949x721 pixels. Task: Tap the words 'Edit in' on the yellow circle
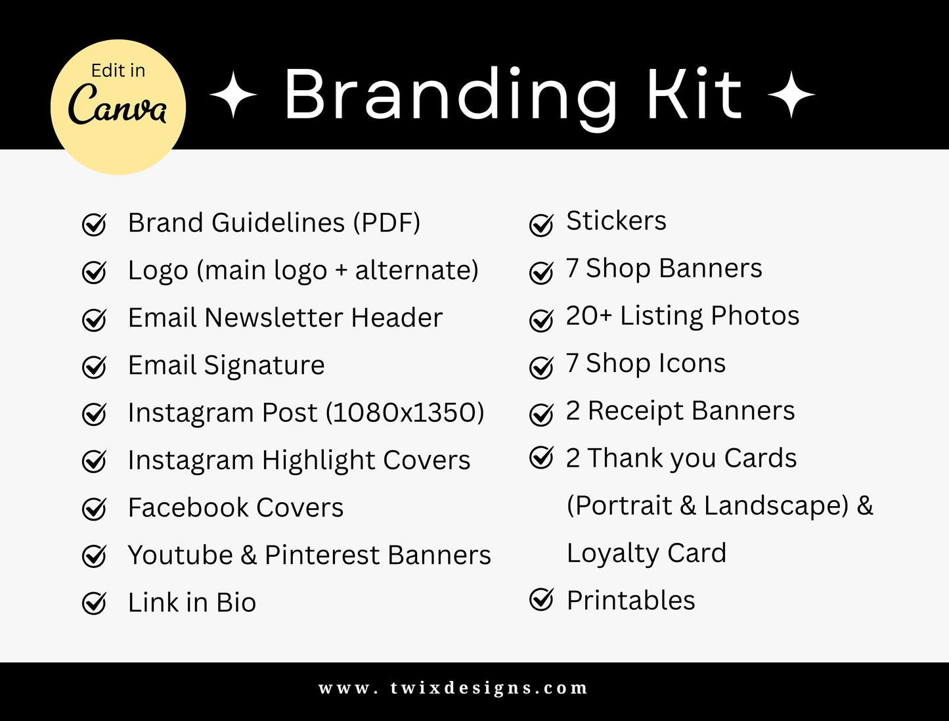[x=118, y=70]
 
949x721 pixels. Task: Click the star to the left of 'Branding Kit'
[x=233, y=95]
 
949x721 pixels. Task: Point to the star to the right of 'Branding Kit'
[x=791, y=95]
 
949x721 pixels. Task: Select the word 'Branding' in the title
[x=451, y=95]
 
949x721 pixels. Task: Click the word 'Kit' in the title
[x=694, y=95]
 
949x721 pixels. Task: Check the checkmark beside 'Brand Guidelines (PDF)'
[x=94, y=224]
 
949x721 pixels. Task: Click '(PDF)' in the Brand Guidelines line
[x=386, y=223]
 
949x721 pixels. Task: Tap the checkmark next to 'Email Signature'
[x=94, y=367]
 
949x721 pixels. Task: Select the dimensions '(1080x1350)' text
[x=405, y=413]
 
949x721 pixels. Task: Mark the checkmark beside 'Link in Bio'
[x=94, y=603]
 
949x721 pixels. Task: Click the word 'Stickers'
[x=616, y=221]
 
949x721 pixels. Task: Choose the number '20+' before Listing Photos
[x=588, y=315]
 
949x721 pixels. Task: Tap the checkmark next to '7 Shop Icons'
[x=541, y=367]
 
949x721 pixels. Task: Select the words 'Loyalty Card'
[x=646, y=553]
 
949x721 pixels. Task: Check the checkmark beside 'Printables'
[x=541, y=599]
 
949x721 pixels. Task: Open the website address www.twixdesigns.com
[x=453, y=688]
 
